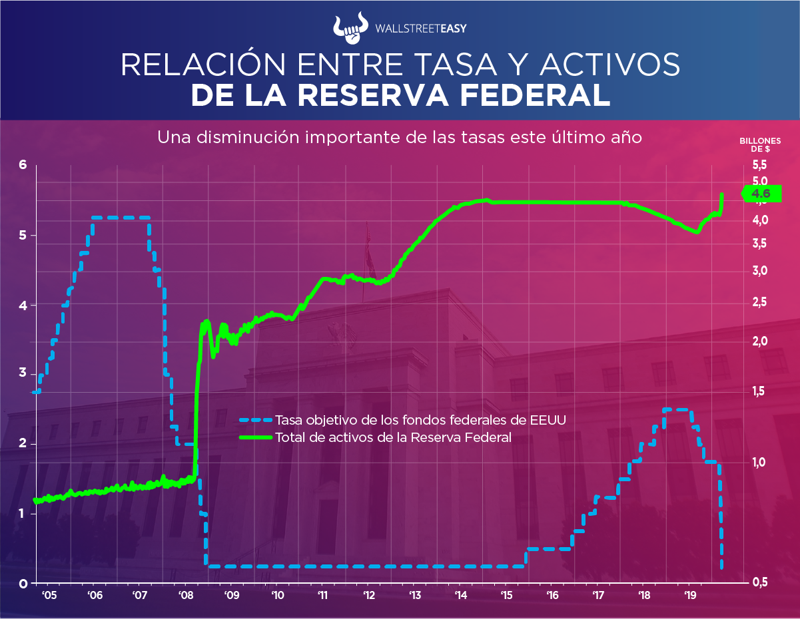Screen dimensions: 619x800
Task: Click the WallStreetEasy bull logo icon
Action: [350, 27]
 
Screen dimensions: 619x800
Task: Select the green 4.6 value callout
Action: [759, 194]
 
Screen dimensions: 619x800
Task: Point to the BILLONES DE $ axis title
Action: [759, 144]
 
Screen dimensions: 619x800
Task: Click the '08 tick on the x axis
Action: [186, 595]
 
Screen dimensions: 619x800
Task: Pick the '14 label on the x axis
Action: [460, 595]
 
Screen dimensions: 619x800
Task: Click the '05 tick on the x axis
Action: [49, 595]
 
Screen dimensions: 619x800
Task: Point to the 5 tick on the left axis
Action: [23, 236]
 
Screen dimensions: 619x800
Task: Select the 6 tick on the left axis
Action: [23, 165]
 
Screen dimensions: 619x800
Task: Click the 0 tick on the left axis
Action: [23, 584]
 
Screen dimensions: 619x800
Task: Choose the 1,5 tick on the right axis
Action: [760, 392]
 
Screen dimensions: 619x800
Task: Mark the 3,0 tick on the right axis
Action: [760, 271]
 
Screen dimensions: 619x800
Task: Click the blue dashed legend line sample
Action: [256, 420]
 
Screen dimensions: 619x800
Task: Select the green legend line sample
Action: [256, 437]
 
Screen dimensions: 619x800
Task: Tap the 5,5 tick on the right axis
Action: [760, 164]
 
